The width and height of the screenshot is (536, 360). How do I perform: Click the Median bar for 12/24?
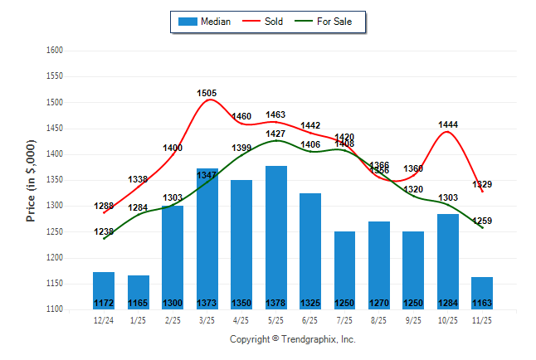104,289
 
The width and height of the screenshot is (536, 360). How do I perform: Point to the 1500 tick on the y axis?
55,102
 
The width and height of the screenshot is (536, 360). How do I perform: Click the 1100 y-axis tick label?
55,309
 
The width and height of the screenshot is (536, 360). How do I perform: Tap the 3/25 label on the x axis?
207,321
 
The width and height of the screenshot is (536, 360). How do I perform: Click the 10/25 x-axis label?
448,321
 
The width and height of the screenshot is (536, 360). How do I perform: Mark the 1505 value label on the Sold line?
207,93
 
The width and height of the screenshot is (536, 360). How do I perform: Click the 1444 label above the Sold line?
448,124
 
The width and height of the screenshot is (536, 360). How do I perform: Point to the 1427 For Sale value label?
276,134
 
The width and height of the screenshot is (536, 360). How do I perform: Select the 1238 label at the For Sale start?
104,231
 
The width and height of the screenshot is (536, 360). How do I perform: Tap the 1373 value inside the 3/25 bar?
207,303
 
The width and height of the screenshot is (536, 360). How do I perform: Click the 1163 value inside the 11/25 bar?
482,303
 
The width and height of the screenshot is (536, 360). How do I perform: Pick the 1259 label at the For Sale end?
482,221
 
